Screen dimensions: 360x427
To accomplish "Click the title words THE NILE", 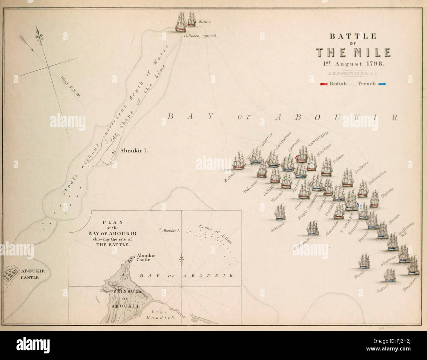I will click(353, 52).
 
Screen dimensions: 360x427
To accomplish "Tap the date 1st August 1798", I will click(353, 63).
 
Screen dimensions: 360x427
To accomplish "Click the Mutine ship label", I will click(204, 22).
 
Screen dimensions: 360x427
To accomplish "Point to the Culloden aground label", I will click(200, 36).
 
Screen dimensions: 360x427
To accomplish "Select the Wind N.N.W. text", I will click(72, 86).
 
